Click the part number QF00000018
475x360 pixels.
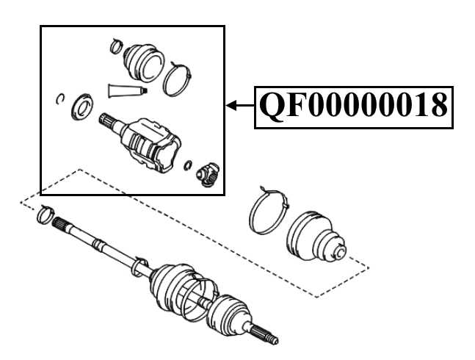pos(352,107)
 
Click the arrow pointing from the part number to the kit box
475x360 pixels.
pos(239,107)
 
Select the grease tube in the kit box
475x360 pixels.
pos(127,90)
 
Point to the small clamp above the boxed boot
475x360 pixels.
pos(115,47)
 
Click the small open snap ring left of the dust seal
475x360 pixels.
pos(61,99)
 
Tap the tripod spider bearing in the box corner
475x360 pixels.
pos(208,175)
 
